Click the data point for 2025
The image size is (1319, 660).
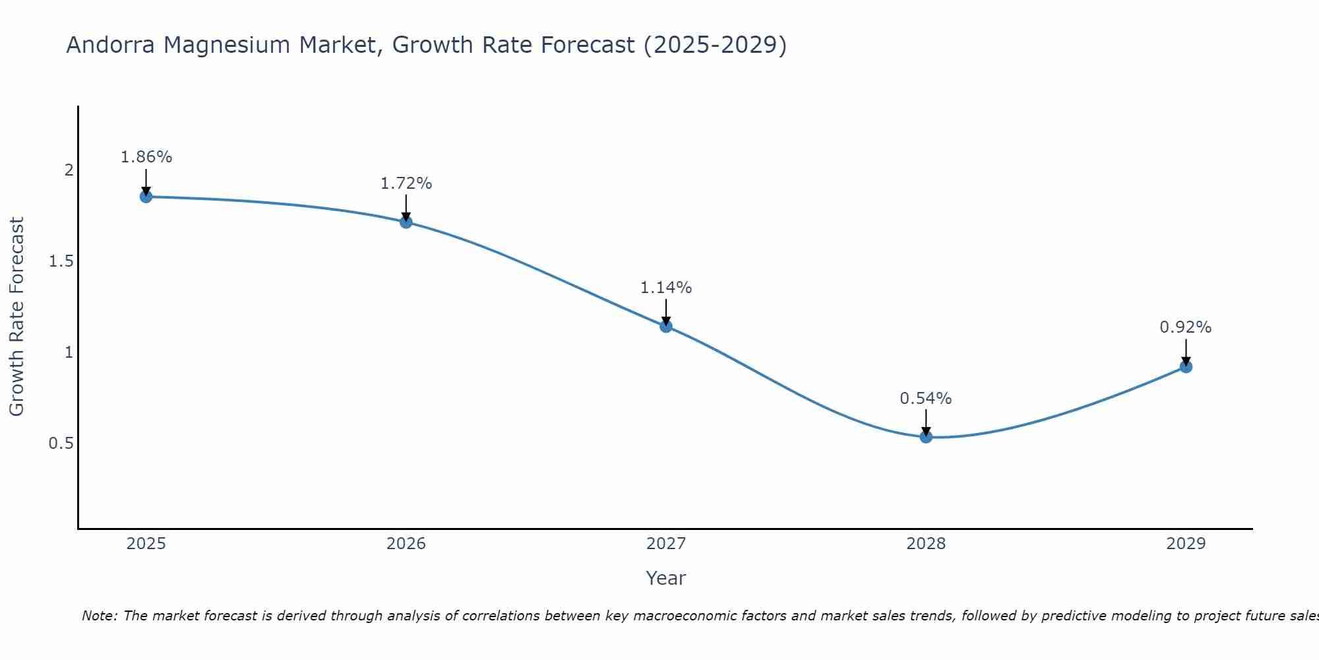146,197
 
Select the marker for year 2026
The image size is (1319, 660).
406,222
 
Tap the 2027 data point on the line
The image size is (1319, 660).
666,326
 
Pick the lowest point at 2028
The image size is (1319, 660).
926,436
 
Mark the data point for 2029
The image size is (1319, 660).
1186,366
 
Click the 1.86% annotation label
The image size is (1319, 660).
146,157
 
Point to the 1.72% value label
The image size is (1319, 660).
406,183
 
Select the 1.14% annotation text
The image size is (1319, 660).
666,288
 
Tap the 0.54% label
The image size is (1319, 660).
926,399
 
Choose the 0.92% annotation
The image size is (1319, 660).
1186,327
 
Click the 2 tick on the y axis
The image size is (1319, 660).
69,170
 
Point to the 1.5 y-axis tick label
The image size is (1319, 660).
61,261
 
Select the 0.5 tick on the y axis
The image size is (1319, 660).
61,443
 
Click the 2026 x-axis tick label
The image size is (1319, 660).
406,544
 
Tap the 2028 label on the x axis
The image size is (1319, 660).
926,544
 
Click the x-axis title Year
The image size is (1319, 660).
666,578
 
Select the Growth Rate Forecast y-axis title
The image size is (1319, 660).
17,317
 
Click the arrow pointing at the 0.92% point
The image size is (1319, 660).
1186,351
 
